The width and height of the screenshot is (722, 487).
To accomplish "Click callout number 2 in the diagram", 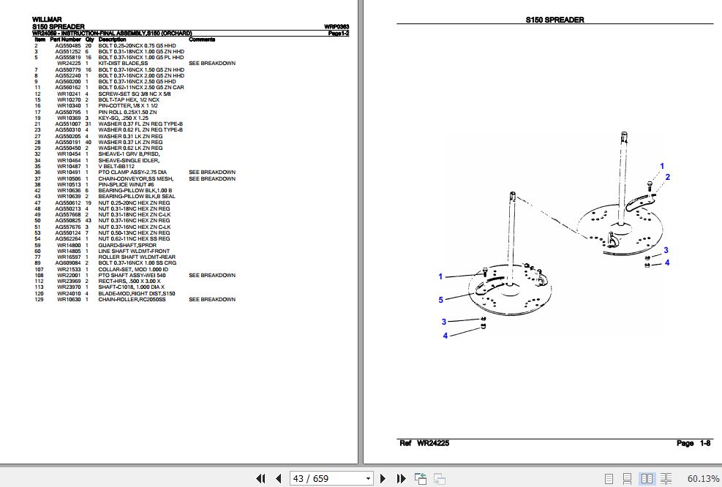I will point(667,177).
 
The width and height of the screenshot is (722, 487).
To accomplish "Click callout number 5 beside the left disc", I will point(440,299).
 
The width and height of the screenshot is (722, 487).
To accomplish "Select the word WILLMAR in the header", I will point(47,20).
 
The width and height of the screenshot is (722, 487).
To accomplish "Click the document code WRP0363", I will point(336,27).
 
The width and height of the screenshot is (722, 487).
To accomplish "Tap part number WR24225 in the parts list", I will point(69,64).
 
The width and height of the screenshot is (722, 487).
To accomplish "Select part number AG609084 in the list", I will point(69,263).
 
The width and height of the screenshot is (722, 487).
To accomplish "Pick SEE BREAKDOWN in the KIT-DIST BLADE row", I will point(212,64).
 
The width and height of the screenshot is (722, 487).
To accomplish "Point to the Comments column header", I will point(202,39).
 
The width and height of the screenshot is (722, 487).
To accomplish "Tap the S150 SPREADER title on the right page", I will point(554,20).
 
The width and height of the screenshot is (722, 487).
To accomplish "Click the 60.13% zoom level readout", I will point(703,479).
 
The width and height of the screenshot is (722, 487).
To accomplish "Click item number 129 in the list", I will point(40,299).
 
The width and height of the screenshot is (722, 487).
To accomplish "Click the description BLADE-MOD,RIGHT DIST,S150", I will point(137,293).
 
